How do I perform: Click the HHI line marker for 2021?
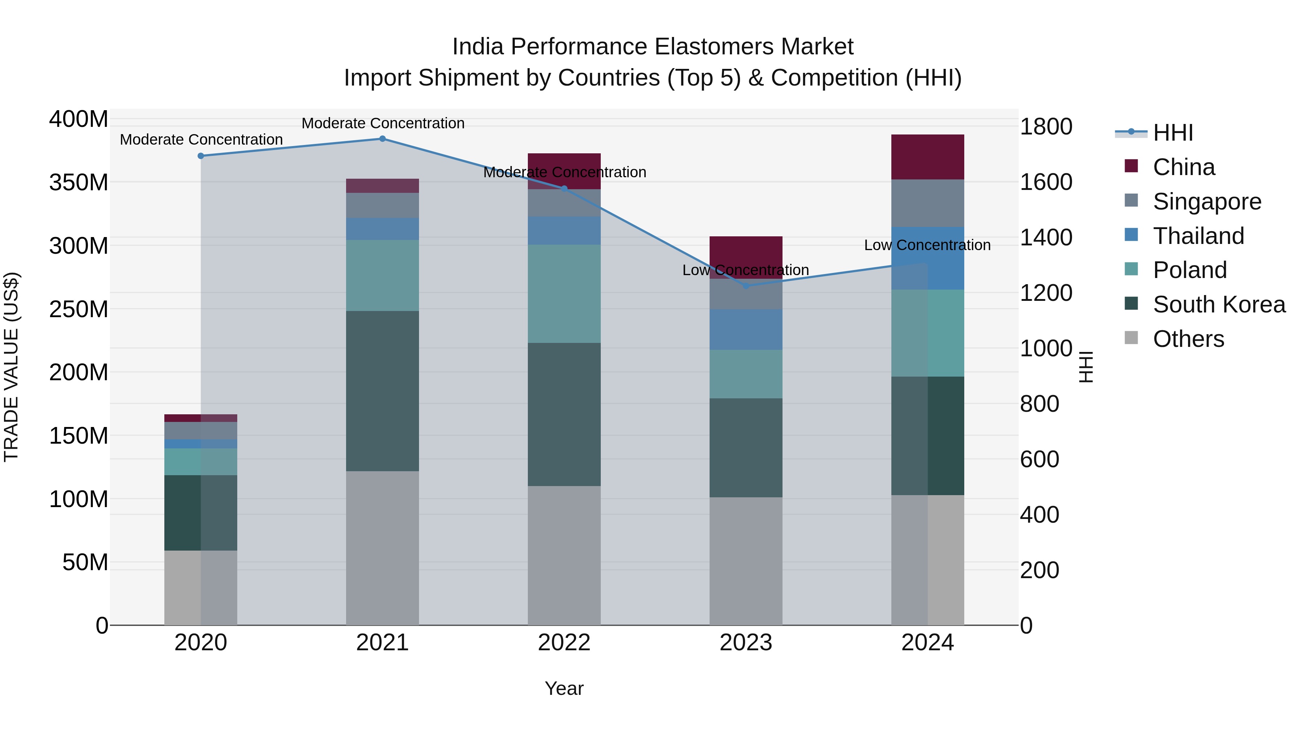pos(382,139)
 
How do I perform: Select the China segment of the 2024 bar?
pos(927,157)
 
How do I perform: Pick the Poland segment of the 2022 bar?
pos(564,294)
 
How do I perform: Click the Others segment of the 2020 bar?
pos(201,588)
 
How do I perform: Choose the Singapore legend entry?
pos(1207,202)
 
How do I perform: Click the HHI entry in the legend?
pos(1172,133)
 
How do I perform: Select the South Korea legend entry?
pos(1219,304)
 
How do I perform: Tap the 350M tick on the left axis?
pos(79,182)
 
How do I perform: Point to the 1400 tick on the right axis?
pos(1046,237)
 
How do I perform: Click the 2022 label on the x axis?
pos(564,643)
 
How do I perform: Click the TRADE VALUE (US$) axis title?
pos(12,367)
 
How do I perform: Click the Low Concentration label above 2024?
pos(927,245)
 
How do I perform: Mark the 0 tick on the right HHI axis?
pos(1026,626)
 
